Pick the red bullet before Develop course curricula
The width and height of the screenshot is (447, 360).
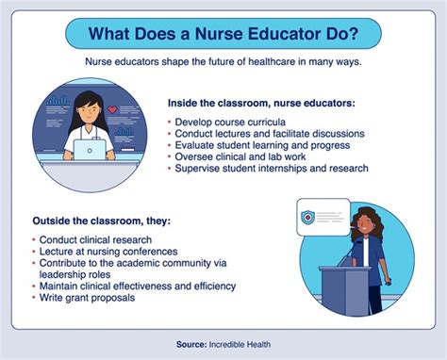(170, 123)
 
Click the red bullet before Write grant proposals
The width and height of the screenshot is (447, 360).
(32, 298)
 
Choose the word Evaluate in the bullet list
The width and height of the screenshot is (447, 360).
(196, 145)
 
